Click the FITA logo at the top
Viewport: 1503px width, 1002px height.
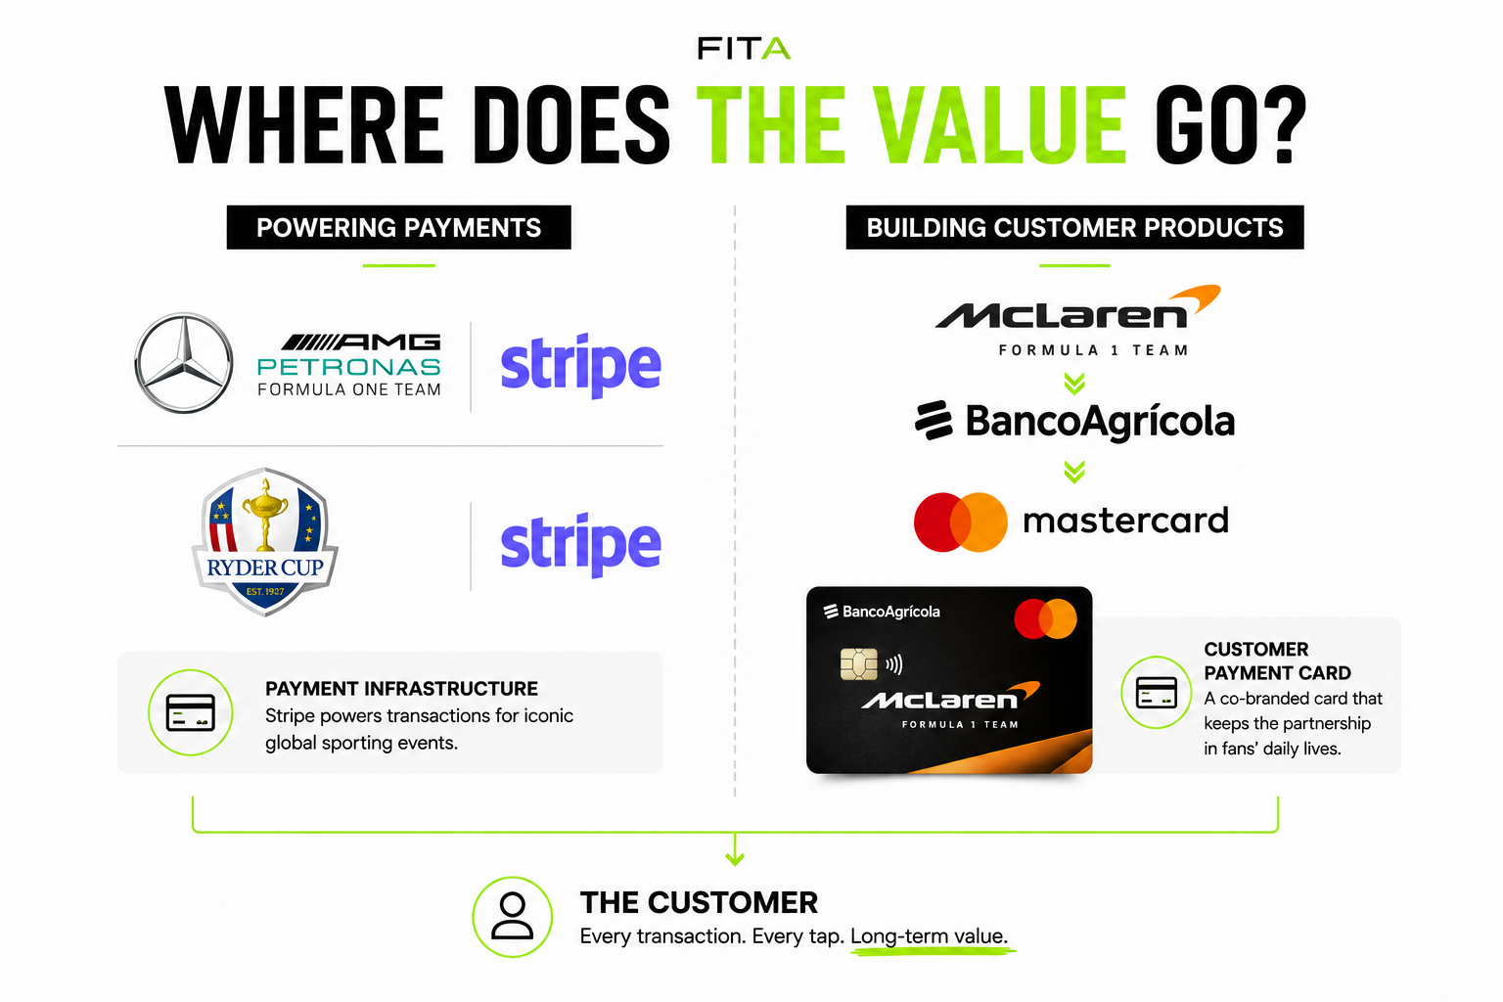(744, 48)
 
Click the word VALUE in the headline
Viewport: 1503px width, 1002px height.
(999, 125)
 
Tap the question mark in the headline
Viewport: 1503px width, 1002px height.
(1283, 125)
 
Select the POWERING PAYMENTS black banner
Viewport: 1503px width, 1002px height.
(398, 228)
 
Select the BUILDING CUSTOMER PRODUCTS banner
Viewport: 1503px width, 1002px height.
(1074, 228)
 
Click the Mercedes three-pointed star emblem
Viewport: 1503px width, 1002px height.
(184, 362)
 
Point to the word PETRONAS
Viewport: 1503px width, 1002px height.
(349, 366)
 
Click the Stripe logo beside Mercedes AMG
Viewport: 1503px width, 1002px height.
(581, 365)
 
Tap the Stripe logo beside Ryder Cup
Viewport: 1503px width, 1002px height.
(581, 544)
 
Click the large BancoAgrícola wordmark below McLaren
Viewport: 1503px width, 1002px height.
(1100, 422)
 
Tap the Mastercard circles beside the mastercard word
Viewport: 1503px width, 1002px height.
(960, 523)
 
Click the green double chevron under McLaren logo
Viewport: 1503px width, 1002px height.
(1074, 384)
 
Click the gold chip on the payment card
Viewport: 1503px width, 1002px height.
(859, 663)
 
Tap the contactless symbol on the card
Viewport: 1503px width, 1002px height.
(894, 664)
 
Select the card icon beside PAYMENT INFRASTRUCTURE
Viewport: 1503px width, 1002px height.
(191, 712)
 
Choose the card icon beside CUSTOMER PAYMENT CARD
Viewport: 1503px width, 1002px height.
(1156, 692)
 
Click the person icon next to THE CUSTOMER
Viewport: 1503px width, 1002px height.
(513, 916)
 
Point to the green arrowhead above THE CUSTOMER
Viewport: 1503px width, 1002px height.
(735, 858)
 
